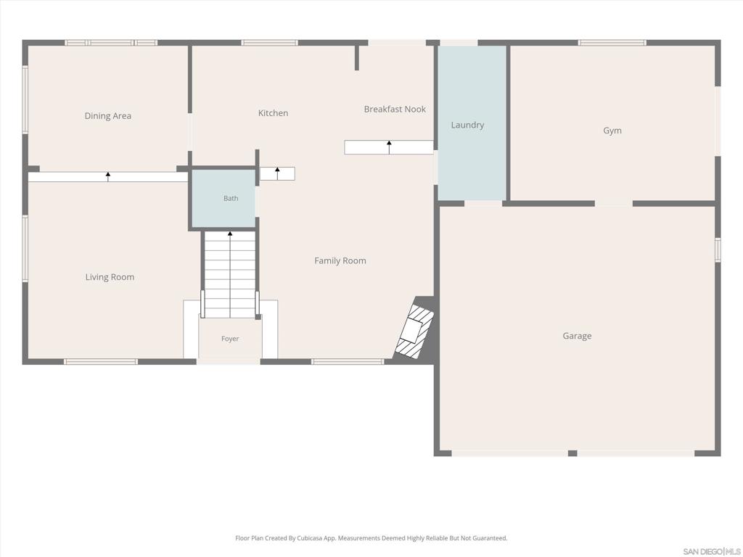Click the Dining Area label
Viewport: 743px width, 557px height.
point(107,116)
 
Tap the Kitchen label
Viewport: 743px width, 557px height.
point(273,113)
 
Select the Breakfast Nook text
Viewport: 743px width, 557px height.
point(395,110)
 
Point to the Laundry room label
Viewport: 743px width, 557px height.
point(467,125)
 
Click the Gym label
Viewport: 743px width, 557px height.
point(612,131)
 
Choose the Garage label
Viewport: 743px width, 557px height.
point(577,337)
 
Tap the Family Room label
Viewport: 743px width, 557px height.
point(340,261)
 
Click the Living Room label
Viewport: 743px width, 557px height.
point(110,278)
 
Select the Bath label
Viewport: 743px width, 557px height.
point(231,199)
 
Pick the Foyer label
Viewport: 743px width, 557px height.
point(230,339)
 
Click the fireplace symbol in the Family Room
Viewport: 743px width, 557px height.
point(415,331)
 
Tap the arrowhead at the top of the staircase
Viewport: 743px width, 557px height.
point(230,234)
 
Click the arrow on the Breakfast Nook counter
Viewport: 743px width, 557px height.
point(389,147)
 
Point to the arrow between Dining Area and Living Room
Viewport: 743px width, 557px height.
point(108,177)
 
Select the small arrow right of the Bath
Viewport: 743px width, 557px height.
point(277,173)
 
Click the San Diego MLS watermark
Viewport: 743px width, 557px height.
point(711,551)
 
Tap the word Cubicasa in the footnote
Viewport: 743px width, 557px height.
point(307,538)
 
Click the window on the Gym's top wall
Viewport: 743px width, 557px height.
point(612,43)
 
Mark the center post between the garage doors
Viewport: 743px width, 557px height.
point(572,453)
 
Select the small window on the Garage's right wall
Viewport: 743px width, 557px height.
point(718,249)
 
